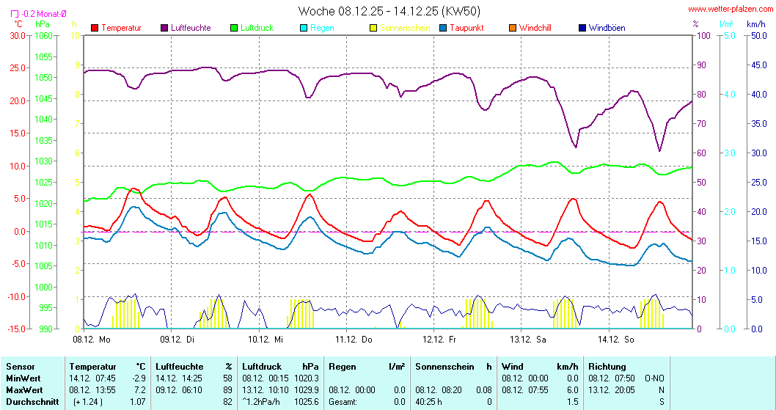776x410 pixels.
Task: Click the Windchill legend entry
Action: (x=535, y=28)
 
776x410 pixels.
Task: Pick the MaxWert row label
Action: (x=25, y=389)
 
